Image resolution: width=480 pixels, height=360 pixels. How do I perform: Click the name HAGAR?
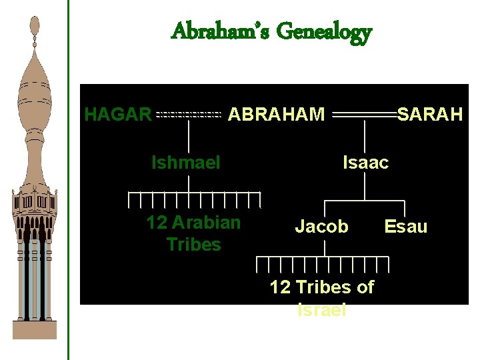118,115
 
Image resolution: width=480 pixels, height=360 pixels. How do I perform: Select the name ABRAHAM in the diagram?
277,115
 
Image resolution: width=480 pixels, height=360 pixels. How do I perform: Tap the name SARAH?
430,115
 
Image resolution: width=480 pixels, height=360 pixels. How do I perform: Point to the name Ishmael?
186,162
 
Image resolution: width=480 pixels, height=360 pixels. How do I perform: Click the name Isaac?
365,162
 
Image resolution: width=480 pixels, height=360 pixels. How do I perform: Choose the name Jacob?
321,227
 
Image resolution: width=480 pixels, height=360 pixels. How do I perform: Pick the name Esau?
406,227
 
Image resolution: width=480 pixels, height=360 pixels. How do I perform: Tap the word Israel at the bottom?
322,309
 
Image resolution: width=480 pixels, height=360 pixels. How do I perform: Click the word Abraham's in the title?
220,31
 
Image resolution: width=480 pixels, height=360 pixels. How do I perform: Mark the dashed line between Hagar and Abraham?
188,115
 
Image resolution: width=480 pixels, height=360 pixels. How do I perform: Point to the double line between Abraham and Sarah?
364,115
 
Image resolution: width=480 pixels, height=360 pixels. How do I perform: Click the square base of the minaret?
35,329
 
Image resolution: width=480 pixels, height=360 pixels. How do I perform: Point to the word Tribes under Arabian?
194,245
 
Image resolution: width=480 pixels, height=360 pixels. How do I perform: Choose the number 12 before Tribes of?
279,287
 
